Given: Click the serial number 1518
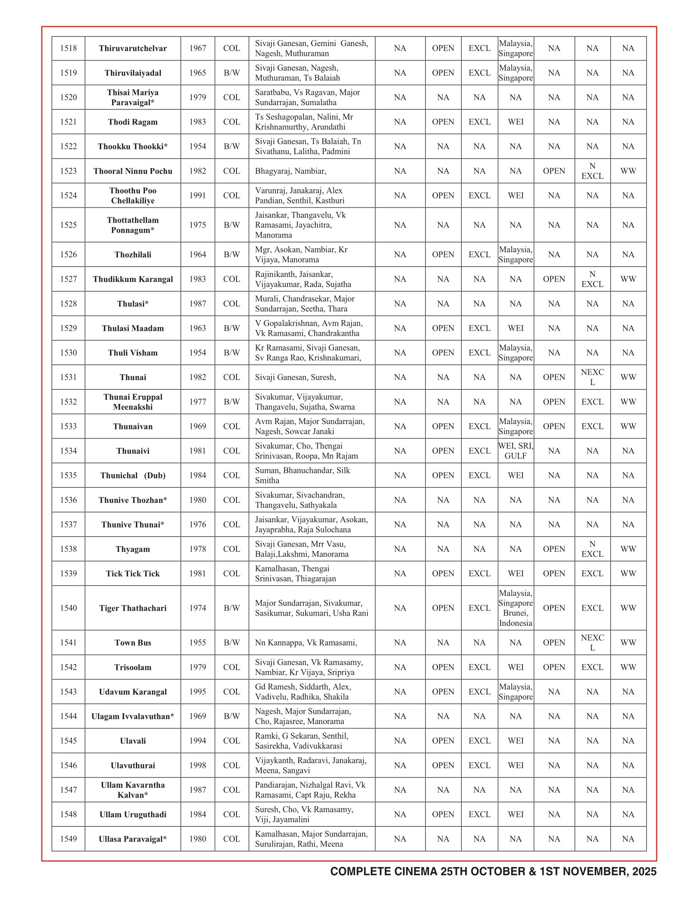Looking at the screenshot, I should pyautogui.click(x=68, y=48).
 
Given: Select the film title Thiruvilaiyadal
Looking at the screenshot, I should pyautogui.click(x=133, y=73).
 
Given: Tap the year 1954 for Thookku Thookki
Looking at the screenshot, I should pyautogui.click(x=197, y=147).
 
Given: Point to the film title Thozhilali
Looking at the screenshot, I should pyautogui.click(x=133, y=255).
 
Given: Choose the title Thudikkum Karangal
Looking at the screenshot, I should pyautogui.click(x=133, y=279).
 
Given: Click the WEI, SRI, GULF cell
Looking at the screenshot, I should pyautogui.click(x=516, y=451).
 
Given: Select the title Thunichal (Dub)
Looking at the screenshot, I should pyautogui.click(x=133, y=475).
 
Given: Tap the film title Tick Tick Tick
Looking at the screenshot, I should pyautogui.click(x=133, y=574).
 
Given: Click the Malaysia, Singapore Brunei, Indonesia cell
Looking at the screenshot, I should pyautogui.click(x=516, y=608).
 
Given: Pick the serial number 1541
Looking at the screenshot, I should pyautogui.click(x=68, y=643).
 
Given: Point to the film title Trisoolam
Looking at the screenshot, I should pyautogui.click(x=133, y=667).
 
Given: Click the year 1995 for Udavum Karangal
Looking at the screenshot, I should pyautogui.click(x=197, y=692).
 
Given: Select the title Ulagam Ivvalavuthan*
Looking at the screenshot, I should pyautogui.click(x=133, y=717).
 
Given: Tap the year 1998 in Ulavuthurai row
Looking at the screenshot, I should pyautogui.click(x=197, y=766).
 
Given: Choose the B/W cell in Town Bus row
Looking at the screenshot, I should pyautogui.click(x=232, y=643).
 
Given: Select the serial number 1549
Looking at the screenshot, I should pyautogui.click(x=68, y=839).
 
